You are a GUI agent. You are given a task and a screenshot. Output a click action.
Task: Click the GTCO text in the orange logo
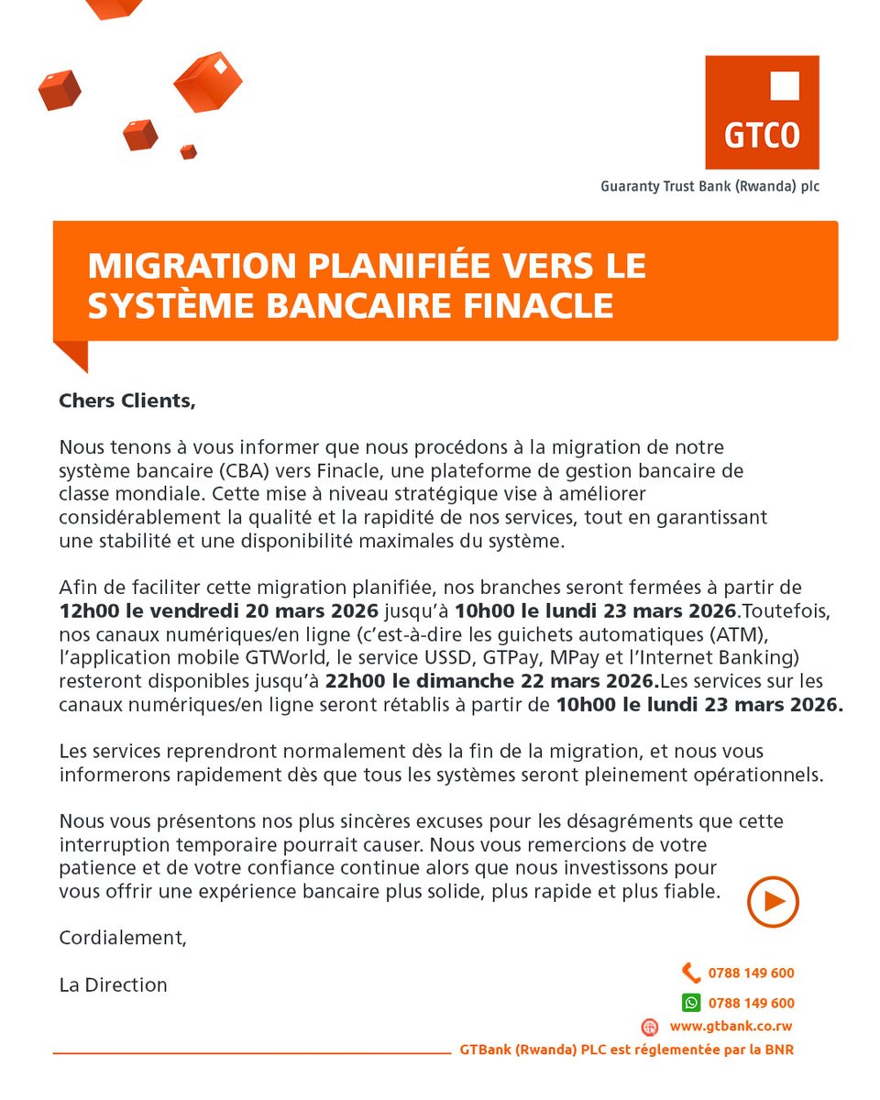762,136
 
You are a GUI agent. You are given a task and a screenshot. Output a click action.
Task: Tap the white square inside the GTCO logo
784,86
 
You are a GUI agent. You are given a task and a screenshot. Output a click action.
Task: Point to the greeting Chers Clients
127,401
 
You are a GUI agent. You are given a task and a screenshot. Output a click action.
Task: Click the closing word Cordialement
122,938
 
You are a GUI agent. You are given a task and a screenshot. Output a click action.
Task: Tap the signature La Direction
113,985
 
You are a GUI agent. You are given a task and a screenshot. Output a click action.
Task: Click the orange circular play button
773,902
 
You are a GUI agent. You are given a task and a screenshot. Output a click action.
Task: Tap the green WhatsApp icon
690,1002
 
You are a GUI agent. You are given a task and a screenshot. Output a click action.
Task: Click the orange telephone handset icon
690,973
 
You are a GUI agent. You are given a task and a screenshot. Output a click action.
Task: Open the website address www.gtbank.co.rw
731,1027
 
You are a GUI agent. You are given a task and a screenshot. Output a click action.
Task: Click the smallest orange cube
188,151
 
